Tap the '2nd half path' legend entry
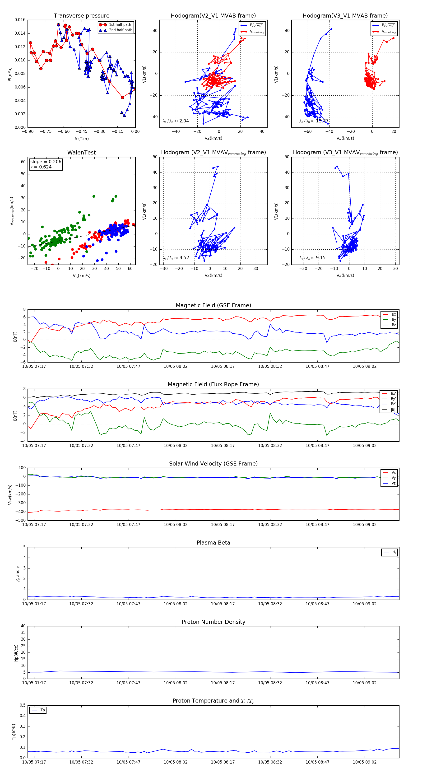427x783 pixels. [120, 30]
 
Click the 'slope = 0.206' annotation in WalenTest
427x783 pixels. [46, 162]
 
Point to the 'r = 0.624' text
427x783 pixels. [41, 167]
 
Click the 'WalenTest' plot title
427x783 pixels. [81, 153]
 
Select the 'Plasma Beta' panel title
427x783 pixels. [213, 543]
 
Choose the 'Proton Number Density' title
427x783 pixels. [213, 622]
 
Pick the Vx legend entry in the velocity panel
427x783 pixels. [394, 473]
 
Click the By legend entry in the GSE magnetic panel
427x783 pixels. [394, 319]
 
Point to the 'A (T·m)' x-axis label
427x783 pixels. [81, 139]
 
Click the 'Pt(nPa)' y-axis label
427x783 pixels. [10, 74]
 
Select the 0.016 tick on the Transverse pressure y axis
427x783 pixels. [20, 20]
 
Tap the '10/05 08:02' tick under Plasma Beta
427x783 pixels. [176, 604]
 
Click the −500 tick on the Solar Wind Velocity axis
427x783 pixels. [20, 520]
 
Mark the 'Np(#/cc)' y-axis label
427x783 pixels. [16, 652]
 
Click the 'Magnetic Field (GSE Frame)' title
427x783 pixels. [213, 305]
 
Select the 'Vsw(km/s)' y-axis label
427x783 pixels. [10, 494]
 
